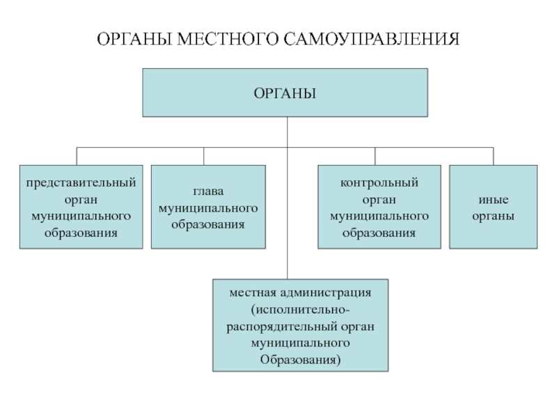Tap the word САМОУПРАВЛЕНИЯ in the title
pyautogui.click(x=372, y=39)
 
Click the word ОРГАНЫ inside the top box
pyautogui.click(x=285, y=93)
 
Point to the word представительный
pyautogui.click(x=81, y=183)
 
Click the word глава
pyautogui.click(x=208, y=192)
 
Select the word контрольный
pyautogui.click(x=379, y=183)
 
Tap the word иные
pyautogui.click(x=493, y=200)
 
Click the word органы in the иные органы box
pyautogui.click(x=493, y=217)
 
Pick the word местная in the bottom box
pyautogui.click(x=253, y=293)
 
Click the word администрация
pyautogui.click(x=325, y=293)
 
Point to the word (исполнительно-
pyautogui.click(x=301, y=309)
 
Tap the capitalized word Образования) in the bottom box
pyautogui.click(x=301, y=359)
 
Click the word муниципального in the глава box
pyautogui.click(x=208, y=208)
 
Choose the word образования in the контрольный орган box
pyautogui.click(x=379, y=233)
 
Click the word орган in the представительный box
pyautogui.click(x=81, y=200)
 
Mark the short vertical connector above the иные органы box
pyautogui.click(x=493, y=156)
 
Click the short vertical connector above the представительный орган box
pyautogui.click(x=77, y=156)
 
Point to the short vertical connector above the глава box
pyautogui.click(x=203, y=156)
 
